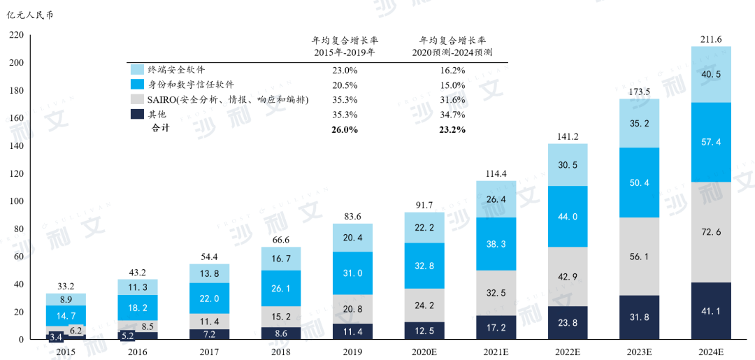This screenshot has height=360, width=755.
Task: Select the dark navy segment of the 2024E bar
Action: pos(711,311)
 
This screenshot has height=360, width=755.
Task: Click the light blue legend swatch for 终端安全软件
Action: pos(137,70)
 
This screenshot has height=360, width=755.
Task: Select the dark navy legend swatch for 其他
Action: pos(137,115)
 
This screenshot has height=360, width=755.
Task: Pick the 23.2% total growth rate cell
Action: pos(452,129)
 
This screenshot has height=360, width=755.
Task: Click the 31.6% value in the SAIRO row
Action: pos(452,100)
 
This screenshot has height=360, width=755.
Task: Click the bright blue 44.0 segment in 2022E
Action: pos(568,216)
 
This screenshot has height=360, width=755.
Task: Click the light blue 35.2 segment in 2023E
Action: pos(640,123)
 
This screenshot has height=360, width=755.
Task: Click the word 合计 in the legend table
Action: pos(160,129)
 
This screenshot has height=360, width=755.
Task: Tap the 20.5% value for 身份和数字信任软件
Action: pos(345,85)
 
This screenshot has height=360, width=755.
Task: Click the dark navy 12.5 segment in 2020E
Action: pos(424,331)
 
